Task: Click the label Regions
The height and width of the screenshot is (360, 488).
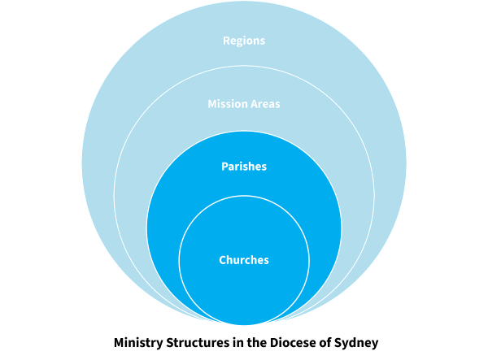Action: [x=244, y=41]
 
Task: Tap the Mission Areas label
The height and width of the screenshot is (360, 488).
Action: [x=244, y=104]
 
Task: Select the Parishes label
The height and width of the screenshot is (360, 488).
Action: [x=244, y=167]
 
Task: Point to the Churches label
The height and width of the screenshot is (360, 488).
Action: [x=244, y=260]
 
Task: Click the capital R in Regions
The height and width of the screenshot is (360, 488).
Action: [x=226, y=41]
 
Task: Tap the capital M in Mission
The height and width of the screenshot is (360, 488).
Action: [x=212, y=104]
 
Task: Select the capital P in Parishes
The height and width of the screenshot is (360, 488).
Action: [x=224, y=167]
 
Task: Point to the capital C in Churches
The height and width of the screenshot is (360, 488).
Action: [x=223, y=260]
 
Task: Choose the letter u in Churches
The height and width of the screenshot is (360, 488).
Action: [x=237, y=261]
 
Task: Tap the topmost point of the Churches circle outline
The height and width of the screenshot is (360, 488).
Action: [x=244, y=196]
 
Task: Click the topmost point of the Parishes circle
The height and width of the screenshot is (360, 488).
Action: [x=244, y=131]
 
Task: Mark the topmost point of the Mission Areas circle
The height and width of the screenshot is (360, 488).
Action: [x=244, y=66]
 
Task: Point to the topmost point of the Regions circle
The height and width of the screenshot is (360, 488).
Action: [x=244, y=2]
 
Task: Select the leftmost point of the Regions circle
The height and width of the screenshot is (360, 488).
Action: [x=81, y=163]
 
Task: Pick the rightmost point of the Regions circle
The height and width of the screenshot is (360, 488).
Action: [x=407, y=163]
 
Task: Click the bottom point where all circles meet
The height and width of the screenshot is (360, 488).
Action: [x=244, y=325]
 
